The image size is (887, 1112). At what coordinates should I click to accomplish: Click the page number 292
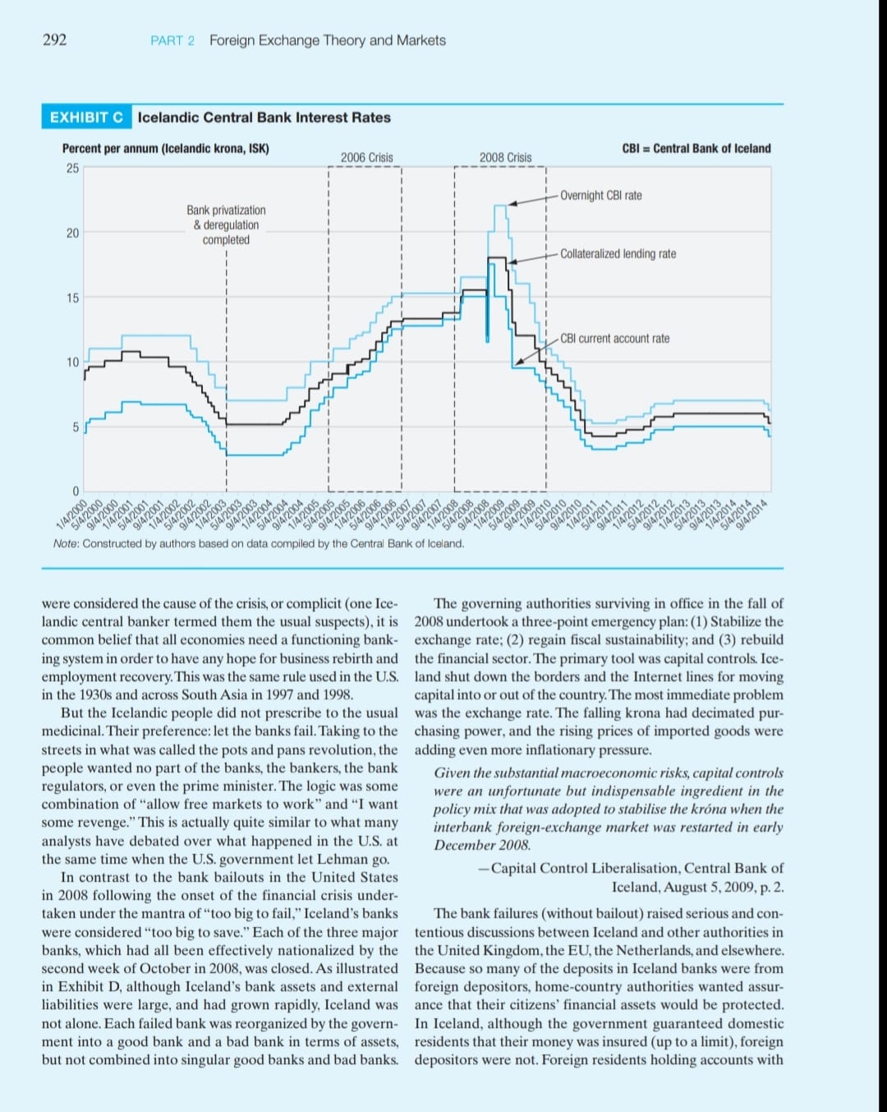pyautogui.click(x=54, y=39)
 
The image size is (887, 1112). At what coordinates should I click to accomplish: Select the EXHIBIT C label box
pyautogui.click(x=86, y=118)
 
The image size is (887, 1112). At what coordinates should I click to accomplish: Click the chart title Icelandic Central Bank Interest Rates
pyautogui.click(x=264, y=118)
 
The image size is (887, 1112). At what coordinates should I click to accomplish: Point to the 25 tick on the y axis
pyautogui.click(x=72, y=168)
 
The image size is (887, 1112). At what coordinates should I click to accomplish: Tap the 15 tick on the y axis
pyautogui.click(x=72, y=298)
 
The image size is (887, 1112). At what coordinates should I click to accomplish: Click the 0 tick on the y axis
pyautogui.click(x=75, y=491)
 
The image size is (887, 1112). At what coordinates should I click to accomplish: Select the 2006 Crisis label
pyautogui.click(x=366, y=157)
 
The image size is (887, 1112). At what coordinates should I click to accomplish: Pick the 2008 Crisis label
pyautogui.click(x=505, y=157)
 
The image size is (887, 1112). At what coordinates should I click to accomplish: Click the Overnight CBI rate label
pyautogui.click(x=600, y=196)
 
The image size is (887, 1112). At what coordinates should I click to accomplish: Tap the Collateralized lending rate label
pyautogui.click(x=618, y=254)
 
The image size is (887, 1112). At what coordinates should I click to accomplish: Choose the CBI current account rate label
pyautogui.click(x=614, y=339)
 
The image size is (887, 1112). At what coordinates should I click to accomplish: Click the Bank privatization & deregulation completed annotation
pyautogui.click(x=226, y=225)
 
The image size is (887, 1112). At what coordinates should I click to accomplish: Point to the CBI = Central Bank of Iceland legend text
pyautogui.click(x=696, y=149)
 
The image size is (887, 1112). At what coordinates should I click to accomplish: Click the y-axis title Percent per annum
pyautogui.click(x=165, y=149)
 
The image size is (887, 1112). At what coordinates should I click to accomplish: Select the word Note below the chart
pyautogui.click(x=65, y=543)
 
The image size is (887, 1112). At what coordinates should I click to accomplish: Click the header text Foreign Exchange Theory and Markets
pyautogui.click(x=327, y=40)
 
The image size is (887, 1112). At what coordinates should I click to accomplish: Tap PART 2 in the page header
pyautogui.click(x=172, y=40)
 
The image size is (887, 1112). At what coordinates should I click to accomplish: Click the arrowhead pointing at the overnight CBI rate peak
pyautogui.click(x=511, y=202)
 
